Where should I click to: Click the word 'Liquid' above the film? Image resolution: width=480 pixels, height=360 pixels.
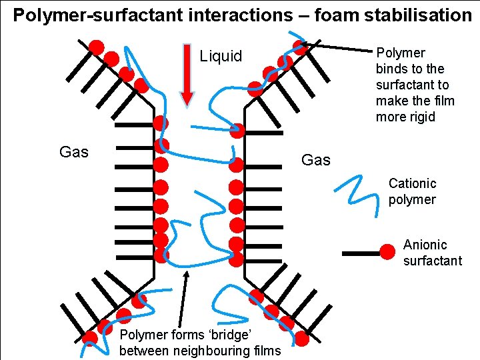coord(221,56)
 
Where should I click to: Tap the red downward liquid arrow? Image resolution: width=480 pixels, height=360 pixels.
coord(187,73)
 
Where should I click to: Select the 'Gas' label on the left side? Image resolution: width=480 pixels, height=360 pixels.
coord(73,152)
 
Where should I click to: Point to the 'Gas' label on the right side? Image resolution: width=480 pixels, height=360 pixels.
coord(315,160)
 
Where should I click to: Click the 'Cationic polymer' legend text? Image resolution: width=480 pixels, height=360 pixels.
coord(412,191)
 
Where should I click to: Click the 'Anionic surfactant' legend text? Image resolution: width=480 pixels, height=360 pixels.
coord(432,253)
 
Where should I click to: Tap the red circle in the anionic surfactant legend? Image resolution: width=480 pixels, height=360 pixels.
coord(387,253)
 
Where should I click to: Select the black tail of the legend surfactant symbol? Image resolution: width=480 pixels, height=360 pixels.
coord(360,253)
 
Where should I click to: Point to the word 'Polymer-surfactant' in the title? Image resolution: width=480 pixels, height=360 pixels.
coord(77,15)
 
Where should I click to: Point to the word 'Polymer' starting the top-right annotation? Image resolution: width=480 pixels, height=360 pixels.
coord(401,53)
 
